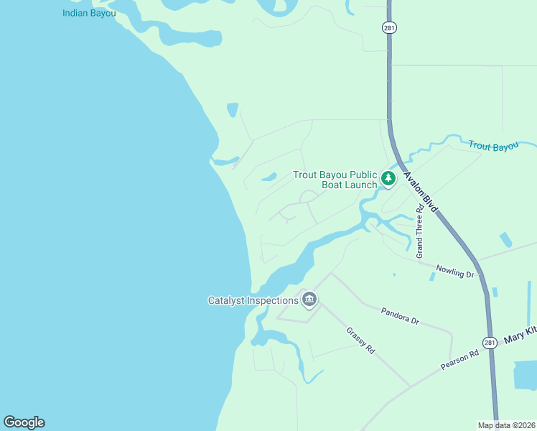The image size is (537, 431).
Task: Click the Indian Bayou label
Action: coord(89,13)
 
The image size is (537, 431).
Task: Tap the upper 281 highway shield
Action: coord(388,27)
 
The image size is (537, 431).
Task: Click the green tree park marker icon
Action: coord(388,177)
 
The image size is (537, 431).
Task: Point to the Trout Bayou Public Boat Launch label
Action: coord(335,180)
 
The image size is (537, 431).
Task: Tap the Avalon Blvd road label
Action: coord(421,192)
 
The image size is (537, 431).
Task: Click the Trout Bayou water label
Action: coord(493,147)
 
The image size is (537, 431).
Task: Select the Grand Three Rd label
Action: coord(420,231)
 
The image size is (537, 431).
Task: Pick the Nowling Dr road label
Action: coord(455,271)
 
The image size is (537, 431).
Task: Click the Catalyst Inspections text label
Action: coord(253,300)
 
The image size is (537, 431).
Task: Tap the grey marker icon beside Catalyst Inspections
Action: coord(309,299)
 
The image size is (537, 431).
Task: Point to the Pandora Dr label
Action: coord(400,316)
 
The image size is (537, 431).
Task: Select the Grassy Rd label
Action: coord(360,340)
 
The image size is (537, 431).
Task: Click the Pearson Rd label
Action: coord(459,360)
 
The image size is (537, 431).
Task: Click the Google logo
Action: coord(24,422)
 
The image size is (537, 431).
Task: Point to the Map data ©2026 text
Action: coord(505,425)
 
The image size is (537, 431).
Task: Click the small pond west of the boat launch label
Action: coord(269,177)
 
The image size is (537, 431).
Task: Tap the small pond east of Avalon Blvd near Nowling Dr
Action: coord(505,240)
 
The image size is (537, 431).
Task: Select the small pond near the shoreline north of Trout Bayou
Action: coord(232,110)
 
